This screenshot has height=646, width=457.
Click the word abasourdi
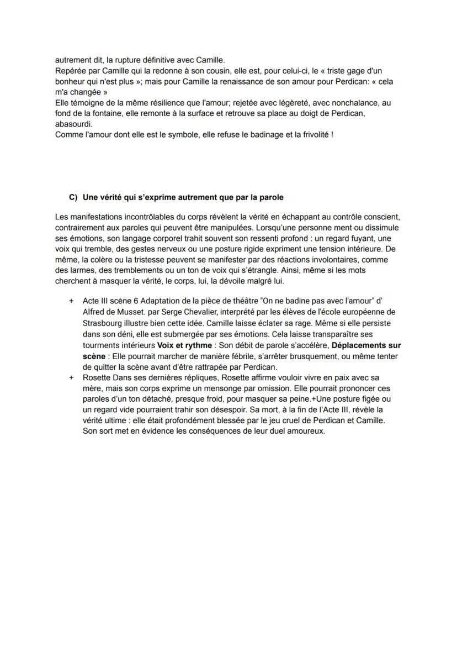point(75,124)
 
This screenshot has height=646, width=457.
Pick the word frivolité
point(312,135)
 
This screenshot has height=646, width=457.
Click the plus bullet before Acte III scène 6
point(71,301)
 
